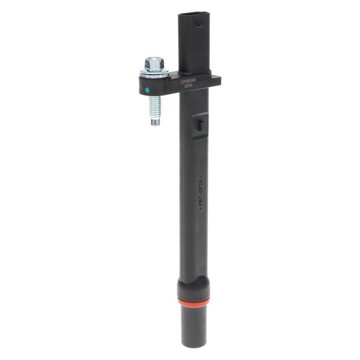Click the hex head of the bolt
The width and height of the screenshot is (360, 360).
pyautogui.click(x=154, y=64)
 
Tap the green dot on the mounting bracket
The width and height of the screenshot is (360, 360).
pyautogui.click(x=147, y=90)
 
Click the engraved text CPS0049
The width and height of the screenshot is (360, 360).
pyautogui.click(x=188, y=81)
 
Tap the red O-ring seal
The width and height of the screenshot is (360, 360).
pyautogui.click(x=194, y=302)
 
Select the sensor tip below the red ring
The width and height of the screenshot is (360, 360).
pyautogui.click(x=194, y=324)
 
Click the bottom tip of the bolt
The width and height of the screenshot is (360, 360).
pyautogui.click(x=155, y=123)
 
